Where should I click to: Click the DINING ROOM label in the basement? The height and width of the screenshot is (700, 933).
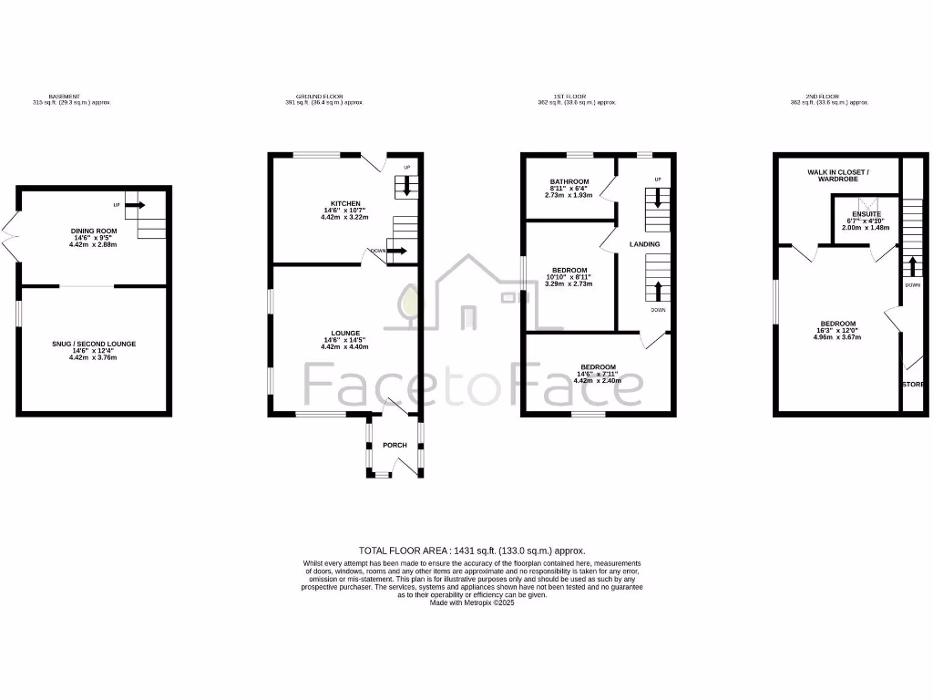pos(94,232)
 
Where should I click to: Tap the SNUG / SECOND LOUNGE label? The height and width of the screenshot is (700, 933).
pos(94,344)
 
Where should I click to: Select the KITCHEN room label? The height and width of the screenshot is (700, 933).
pos(345,203)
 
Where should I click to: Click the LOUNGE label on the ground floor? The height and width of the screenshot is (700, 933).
pos(345,333)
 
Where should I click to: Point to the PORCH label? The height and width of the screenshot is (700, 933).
pos(395,445)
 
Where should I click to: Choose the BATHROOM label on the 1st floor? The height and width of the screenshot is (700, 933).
pos(569,181)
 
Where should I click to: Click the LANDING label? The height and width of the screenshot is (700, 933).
pos(644,243)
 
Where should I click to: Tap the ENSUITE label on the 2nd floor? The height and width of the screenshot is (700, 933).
pos(866,214)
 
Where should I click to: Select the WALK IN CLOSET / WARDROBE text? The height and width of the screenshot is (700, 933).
pos(837,175)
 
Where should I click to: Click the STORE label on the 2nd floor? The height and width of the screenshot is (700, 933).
pos(913,385)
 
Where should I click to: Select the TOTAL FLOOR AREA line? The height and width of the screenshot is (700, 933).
pos(472,551)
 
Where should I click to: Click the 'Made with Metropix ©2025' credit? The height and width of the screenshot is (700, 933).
pos(472,602)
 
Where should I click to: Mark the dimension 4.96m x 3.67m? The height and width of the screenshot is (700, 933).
pos(837,337)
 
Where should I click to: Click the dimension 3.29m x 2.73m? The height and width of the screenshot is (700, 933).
pos(569,283)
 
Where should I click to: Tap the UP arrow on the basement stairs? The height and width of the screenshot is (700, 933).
pos(135,205)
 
